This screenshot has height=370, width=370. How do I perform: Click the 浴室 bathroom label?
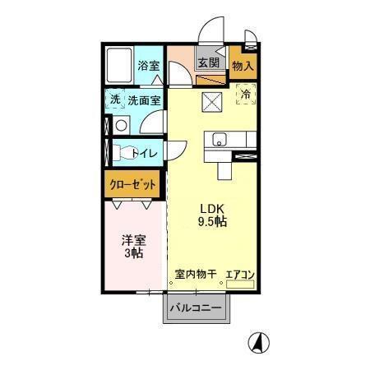pos(149,66)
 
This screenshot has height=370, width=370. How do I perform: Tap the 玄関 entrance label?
pos(207,62)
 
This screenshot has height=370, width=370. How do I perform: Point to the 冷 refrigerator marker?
pos(244,95)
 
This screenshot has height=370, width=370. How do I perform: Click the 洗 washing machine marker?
pos(116,99)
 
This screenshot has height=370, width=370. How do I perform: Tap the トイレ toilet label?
pos(145,152)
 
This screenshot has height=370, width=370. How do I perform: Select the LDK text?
pos(211,207)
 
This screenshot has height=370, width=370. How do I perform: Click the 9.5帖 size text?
pos(212,222)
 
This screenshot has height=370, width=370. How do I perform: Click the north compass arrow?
pos(257,340)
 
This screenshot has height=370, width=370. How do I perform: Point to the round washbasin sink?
pos(121,126)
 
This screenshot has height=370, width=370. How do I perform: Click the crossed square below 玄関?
pos(211,103)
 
